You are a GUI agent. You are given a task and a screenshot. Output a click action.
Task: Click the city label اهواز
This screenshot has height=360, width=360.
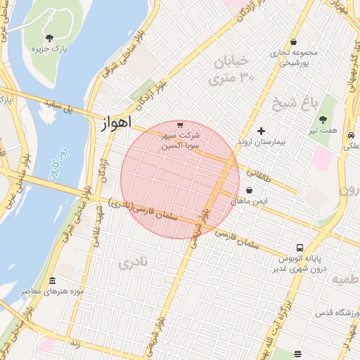112,122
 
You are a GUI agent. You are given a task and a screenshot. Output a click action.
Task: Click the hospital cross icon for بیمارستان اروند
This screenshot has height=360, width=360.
262,131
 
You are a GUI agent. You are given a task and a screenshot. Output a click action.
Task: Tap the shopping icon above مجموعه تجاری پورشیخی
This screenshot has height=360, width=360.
292,41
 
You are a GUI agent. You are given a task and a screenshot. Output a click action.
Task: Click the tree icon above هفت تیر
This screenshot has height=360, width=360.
323,119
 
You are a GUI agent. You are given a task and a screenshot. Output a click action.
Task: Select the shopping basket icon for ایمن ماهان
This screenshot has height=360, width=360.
250,189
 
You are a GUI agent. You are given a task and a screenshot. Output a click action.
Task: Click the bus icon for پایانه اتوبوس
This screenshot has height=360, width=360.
300,248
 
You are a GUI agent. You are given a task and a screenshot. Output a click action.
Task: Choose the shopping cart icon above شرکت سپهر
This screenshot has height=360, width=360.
181,124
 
